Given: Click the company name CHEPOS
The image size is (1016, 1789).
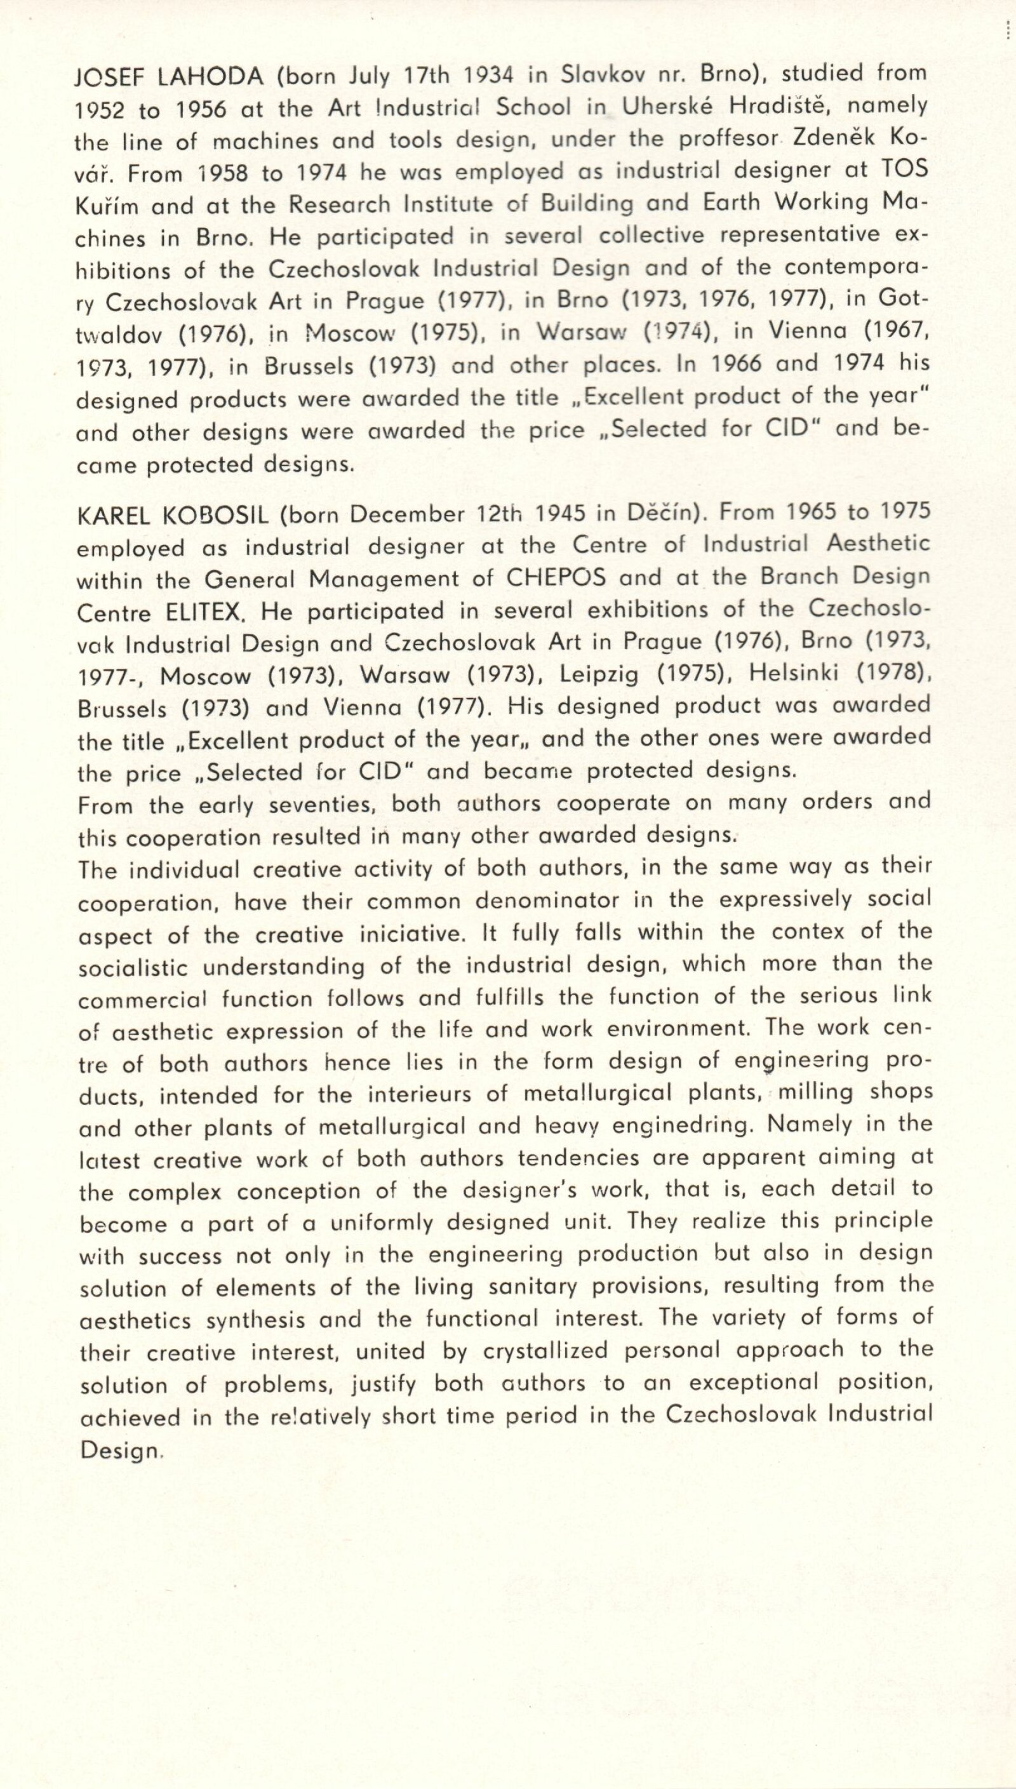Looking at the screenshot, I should (556, 579).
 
